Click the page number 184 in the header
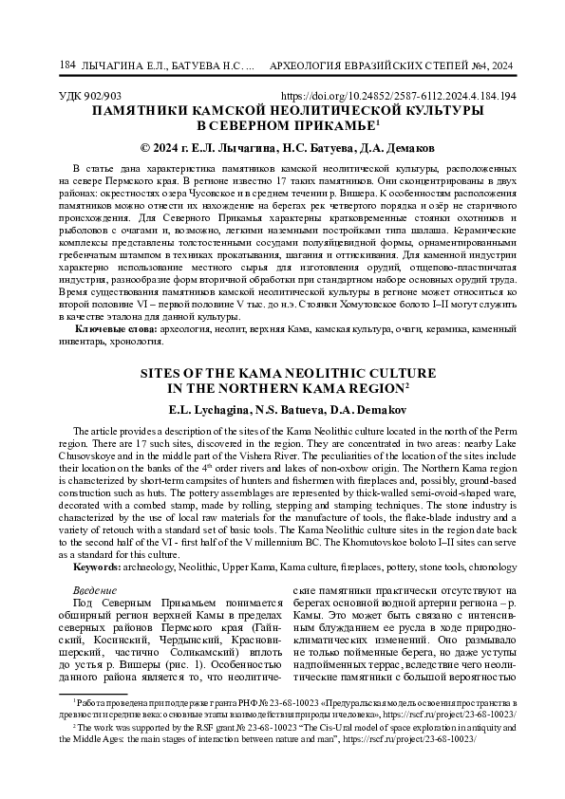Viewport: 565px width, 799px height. click(x=66, y=65)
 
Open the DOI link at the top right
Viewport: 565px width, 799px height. click(x=400, y=97)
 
